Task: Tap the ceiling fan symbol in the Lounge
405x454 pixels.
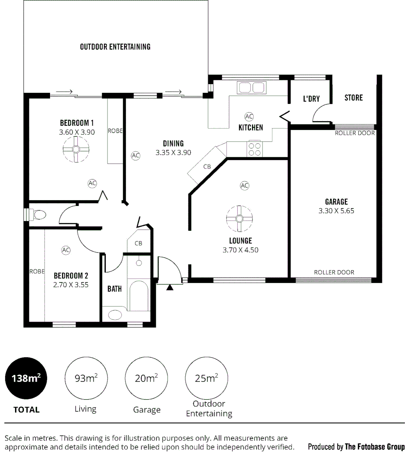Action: tap(239, 219)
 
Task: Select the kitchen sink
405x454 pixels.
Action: tap(252, 88)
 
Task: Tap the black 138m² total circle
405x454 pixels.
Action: tap(26, 378)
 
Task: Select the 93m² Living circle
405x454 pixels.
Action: tap(86, 378)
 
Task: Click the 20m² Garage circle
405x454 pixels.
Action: tap(146, 378)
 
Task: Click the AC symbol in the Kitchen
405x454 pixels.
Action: tap(249, 116)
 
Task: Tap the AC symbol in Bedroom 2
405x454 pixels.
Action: tap(66, 250)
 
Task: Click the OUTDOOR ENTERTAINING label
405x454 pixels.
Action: tap(115, 47)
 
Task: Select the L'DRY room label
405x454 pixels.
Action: tap(311, 99)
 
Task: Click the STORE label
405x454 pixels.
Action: tap(353, 98)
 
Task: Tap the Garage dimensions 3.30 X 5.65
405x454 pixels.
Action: tap(336, 211)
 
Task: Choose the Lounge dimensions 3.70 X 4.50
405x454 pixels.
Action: tap(240, 250)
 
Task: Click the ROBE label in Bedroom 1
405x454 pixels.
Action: tap(115, 131)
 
